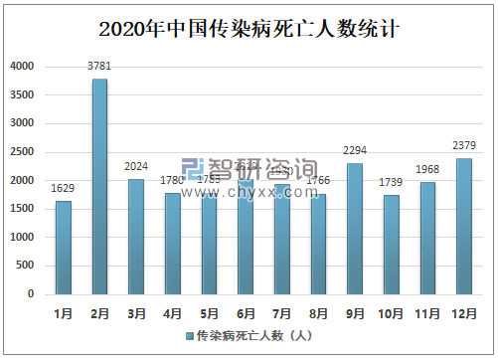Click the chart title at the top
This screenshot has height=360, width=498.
click(x=249, y=27)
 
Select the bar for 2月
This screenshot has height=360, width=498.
click(x=99, y=187)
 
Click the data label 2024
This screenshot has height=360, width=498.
click(x=136, y=167)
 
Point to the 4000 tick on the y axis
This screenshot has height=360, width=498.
click(x=22, y=67)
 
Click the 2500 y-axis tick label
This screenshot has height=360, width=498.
click(x=22, y=152)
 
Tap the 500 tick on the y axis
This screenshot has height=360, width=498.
click(x=26, y=267)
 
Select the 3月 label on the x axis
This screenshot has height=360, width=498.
click(x=136, y=312)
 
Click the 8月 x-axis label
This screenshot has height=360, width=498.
click(x=318, y=312)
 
